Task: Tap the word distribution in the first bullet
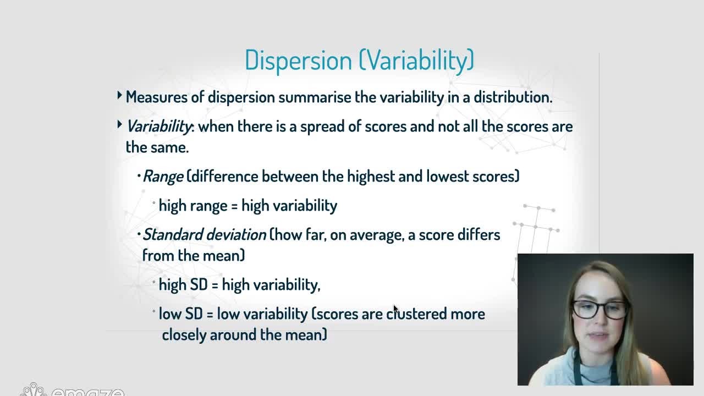coord(513,97)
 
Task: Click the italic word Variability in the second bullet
coord(159,127)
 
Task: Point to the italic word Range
coord(163,177)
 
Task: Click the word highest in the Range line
coord(371,177)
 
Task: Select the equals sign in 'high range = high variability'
coord(234,206)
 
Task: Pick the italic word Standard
coord(173,235)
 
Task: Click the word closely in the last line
coord(184,335)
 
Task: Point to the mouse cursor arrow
coord(395,309)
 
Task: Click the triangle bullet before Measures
coord(119,95)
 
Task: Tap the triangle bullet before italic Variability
coord(119,125)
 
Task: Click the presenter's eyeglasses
coord(599,309)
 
